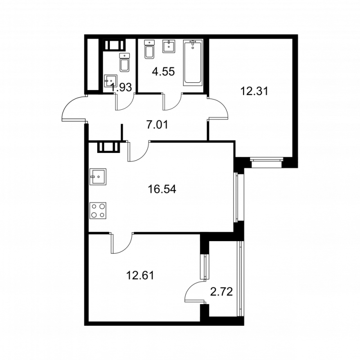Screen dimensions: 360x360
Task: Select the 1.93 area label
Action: [121, 88]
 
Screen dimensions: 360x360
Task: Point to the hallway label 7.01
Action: [157, 124]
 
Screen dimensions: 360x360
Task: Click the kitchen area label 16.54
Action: [162, 189]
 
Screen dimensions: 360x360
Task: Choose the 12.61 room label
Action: [140, 274]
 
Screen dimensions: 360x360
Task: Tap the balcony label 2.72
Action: [221, 293]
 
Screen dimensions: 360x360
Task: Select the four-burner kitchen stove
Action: [99, 210]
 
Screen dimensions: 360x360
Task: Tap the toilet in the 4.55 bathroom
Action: [149, 49]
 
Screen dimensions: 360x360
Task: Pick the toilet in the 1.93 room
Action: [124, 63]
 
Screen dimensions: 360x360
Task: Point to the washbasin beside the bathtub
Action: [170, 46]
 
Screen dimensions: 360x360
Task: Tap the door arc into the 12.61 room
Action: [121, 243]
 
